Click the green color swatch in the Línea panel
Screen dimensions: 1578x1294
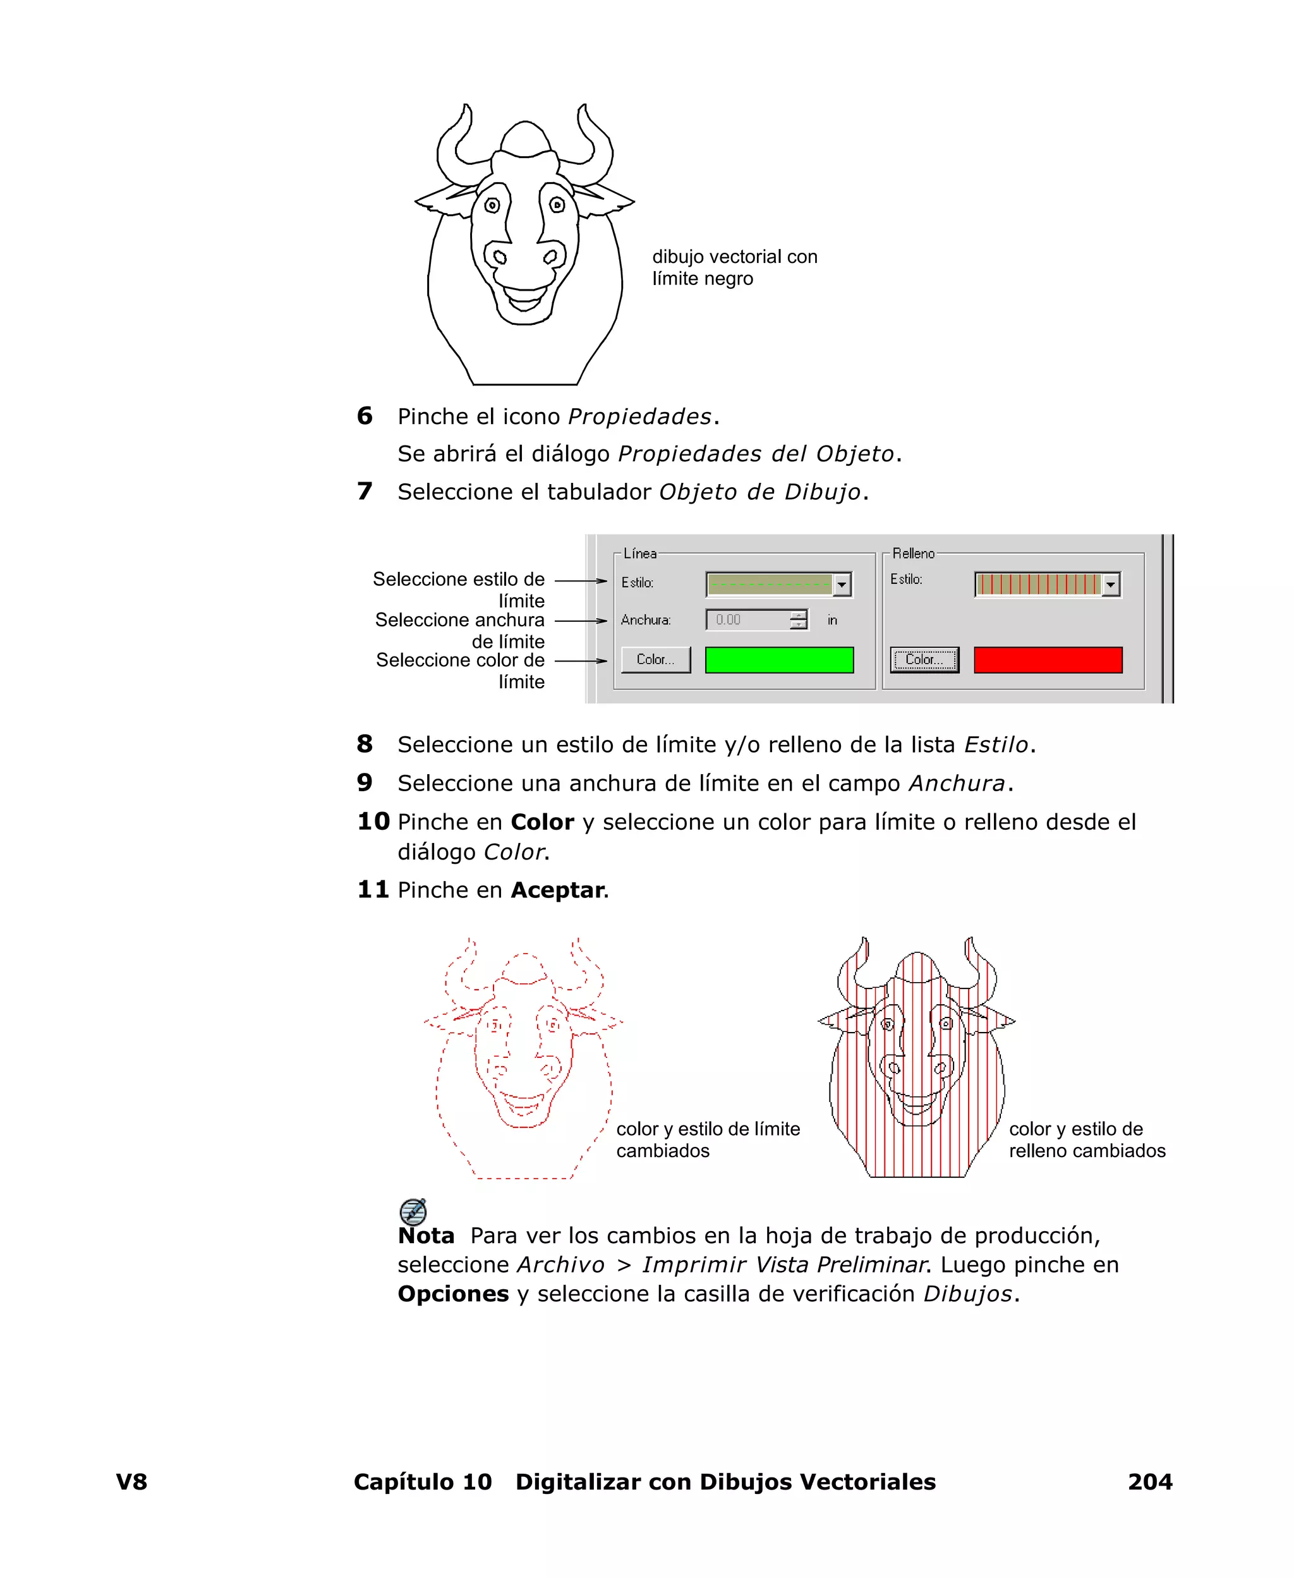click(x=779, y=660)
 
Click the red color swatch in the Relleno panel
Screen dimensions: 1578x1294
click(x=1048, y=660)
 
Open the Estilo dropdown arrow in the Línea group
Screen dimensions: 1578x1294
click(x=842, y=585)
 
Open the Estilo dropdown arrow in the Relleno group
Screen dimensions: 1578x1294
click(x=1110, y=585)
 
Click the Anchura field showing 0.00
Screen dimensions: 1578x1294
click(x=747, y=619)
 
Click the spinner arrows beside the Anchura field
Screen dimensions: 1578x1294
click(x=798, y=619)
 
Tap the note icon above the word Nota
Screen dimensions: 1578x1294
click(x=413, y=1211)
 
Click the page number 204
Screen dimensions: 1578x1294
click(x=1149, y=1481)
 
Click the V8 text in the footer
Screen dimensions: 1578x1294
click(x=132, y=1481)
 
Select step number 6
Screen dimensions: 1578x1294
click(x=365, y=416)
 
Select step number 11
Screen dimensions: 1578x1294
click(x=373, y=889)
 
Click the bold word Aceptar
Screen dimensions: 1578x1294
click(x=557, y=890)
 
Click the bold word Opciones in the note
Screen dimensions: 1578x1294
click(x=452, y=1293)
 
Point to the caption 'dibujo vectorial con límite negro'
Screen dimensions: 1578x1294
click(x=734, y=267)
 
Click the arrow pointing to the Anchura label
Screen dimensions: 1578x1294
click(x=581, y=620)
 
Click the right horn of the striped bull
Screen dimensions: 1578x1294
click(x=983, y=969)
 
